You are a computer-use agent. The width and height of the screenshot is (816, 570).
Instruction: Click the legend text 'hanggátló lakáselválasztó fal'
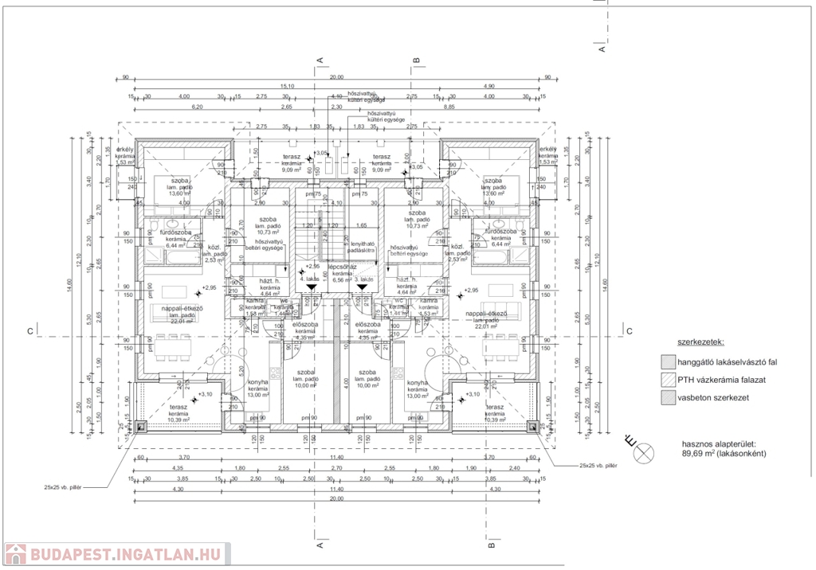727,362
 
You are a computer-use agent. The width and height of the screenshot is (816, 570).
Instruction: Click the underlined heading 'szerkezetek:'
700,342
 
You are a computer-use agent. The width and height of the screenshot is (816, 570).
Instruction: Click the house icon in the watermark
14,553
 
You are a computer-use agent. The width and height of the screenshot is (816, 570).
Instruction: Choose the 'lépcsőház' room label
341,267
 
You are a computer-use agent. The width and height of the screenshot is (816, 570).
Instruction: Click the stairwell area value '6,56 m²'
342,279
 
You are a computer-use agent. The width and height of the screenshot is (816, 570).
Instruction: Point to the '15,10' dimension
288,86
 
